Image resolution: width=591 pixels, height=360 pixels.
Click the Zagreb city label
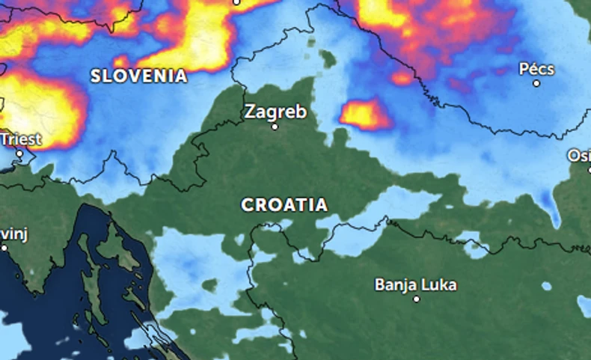(x=275, y=112)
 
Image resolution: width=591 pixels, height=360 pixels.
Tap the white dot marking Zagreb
(x=275, y=126)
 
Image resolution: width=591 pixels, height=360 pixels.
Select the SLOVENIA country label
(x=139, y=76)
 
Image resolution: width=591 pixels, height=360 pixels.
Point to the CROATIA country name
(x=284, y=205)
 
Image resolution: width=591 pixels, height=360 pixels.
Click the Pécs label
(x=537, y=69)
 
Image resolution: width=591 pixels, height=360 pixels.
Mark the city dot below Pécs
(x=536, y=83)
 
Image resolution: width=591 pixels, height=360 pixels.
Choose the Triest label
(x=20, y=139)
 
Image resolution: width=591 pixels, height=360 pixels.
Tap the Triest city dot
(x=20, y=153)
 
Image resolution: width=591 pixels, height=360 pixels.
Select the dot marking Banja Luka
(x=417, y=299)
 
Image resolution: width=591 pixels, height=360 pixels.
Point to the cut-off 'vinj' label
(x=13, y=234)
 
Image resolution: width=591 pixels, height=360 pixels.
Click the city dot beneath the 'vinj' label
(x=4, y=247)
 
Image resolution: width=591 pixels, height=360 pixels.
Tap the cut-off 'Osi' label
(x=579, y=156)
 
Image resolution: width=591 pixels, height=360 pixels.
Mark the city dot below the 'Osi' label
(x=588, y=170)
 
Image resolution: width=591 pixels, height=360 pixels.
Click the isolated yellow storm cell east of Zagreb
(x=364, y=115)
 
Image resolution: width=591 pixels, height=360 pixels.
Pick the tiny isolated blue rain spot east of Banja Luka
(x=547, y=286)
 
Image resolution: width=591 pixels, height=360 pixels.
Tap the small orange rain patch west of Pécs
(x=402, y=78)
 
